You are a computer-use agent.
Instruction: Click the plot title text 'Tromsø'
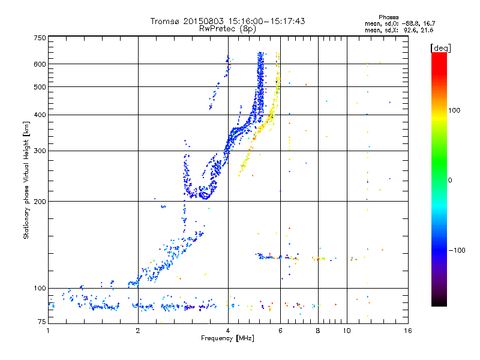point(166,21)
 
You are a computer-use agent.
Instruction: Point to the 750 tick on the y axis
point(40,38)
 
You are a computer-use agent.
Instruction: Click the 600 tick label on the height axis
point(40,64)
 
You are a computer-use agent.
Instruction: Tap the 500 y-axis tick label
point(40,87)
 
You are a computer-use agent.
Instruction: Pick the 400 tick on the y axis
point(40,115)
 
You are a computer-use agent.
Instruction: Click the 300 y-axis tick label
point(40,151)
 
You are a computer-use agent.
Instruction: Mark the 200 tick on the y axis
point(40,202)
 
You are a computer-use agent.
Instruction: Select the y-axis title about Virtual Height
point(26,180)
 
